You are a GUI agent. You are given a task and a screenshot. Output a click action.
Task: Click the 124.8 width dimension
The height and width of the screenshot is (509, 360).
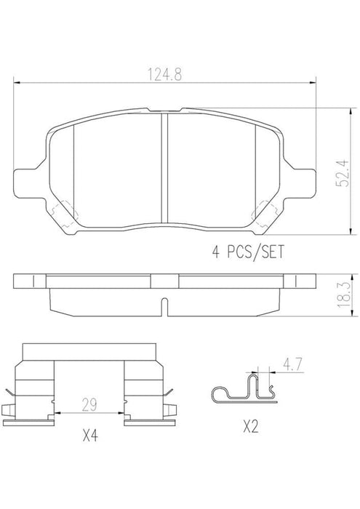165,74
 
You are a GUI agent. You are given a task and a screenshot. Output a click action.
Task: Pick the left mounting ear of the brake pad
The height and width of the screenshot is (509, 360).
28,180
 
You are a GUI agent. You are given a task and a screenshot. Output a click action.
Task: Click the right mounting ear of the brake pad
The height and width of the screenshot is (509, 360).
304,180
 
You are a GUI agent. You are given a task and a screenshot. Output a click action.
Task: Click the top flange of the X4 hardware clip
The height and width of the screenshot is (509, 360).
91,351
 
